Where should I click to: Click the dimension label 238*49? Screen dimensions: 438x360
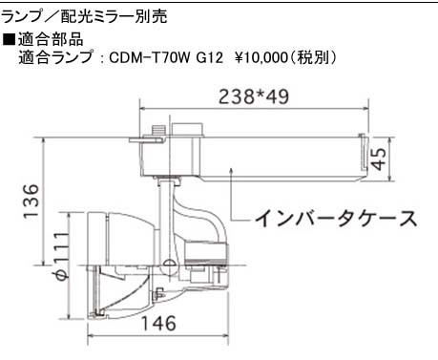[254, 96]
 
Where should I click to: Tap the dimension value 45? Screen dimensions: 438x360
[379, 159]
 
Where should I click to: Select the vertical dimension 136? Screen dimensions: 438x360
[31, 201]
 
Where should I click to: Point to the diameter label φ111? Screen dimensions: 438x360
[60, 256]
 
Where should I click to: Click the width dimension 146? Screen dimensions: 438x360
[158, 323]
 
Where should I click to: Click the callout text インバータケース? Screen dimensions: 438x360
[336, 219]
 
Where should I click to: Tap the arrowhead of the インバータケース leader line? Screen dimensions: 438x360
[233, 170]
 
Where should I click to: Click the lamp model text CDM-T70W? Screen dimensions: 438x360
[150, 58]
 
